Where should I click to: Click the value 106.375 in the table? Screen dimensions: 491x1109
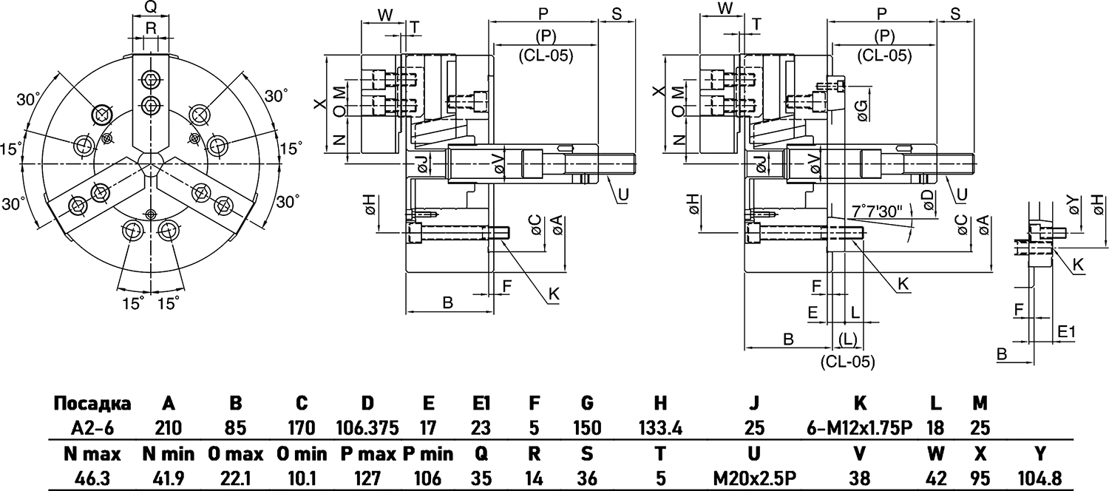pyautogui.click(x=367, y=427)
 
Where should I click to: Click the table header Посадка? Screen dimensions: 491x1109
pyautogui.click(x=92, y=404)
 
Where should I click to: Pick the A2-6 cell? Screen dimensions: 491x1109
pyautogui.click(x=92, y=427)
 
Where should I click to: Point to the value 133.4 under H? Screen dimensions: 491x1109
pyautogui.click(x=661, y=427)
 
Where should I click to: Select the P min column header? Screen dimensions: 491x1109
pyautogui.click(x=427, y=454)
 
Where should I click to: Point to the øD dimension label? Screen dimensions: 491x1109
pyautogui.click(x=926, y=198)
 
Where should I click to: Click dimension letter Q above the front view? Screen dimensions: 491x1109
pyautogui.click(x=149, y=8)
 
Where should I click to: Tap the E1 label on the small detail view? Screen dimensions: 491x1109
pyautogui.click(x=1066, y=332)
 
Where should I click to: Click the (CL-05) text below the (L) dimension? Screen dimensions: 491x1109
pyautogui.click(x=847, y=362)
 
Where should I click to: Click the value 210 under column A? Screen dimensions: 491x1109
pyautogui.click(x=169, y=427)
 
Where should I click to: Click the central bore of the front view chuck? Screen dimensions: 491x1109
pyautogui.click(x=151, y=163)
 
